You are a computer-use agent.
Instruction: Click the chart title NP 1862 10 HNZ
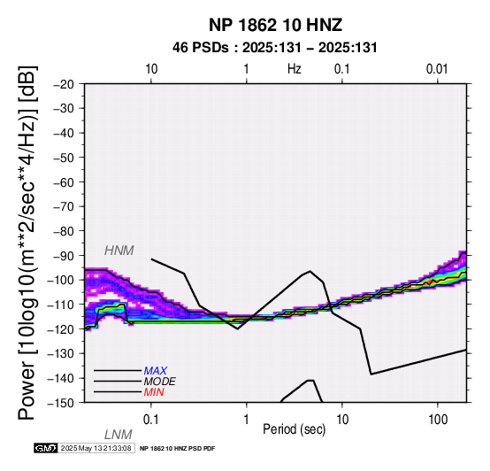pyautogui.click(x=275, y=25)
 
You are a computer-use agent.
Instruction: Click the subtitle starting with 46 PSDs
pyautogui.click(x=275, y=48)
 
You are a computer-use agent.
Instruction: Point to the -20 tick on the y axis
pyautogui.click(x=64, y=84)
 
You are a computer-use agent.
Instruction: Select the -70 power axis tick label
pyautogui.click(x=64, y=206)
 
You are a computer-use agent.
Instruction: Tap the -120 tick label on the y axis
pyautogui.click(x=61, y=329)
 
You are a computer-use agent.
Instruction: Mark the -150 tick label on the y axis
pyautogui.click(x=61, y=403)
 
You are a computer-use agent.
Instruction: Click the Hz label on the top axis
pyautogui.click(x=294, y=69)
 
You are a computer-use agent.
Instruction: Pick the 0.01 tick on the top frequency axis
pyautogui.click(x=437, y=69)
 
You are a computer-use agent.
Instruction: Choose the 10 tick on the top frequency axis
pyautogui.click(x=151, y=69)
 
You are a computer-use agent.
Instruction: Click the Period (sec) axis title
pyautogui.click(x=294, y=429)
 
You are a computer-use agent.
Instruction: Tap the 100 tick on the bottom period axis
pyautogui.click(x=438, y=420)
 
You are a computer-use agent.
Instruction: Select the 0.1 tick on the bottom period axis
pyautogui.click(x=151, y=420)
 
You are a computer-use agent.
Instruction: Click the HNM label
pyautogui.click(x=119, y=251)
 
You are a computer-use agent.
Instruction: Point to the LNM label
pyautogui.click(x=119, y=435)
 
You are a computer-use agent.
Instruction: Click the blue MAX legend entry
pyautogui.click(x=156, y=371)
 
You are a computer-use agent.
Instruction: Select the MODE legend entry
pyautogui.click(x=160, y=382)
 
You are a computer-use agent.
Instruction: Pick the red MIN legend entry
pyautogui.click(x=154, y=392)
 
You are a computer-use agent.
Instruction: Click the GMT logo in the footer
pyautogui.click(x=46, y=448)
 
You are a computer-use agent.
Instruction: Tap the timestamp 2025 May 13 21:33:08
pyautogui.click(x=96, y=448)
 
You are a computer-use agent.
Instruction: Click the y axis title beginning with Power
pyautogui.click(x=27, y=243)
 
